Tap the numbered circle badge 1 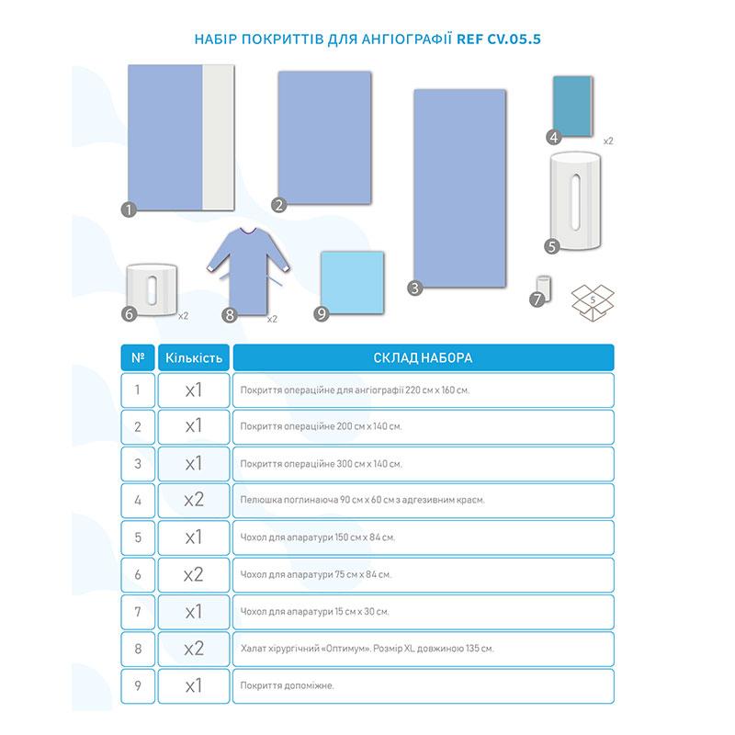(129, 209)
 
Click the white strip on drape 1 (220, 138)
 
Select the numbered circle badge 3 (415, 288)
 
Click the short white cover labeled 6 (153, 290)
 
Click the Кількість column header (193, 356)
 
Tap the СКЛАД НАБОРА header (423, 356)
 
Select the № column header (138, 356)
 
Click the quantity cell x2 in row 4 (193, 500)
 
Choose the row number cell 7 (138, 611)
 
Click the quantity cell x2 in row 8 (193, 648)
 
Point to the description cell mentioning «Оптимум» (423, 648)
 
